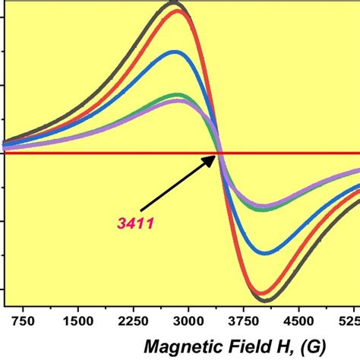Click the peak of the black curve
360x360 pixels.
pos(174,4)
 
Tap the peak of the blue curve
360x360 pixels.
pos(175,52)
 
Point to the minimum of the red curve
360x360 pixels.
pos(264,293)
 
